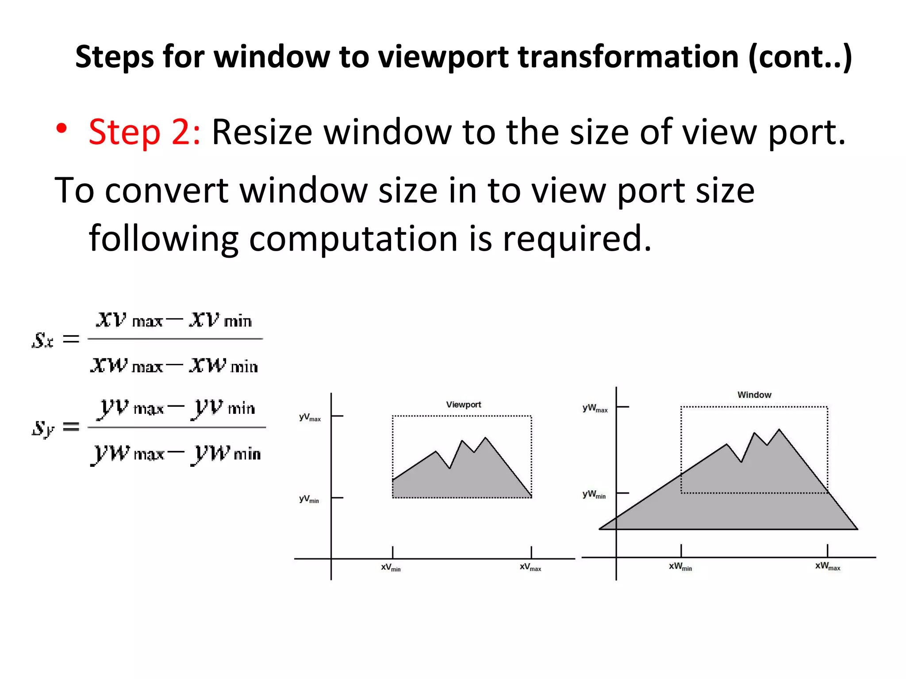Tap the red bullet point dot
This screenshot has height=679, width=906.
point(61,129)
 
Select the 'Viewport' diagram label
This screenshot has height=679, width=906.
point(463,404)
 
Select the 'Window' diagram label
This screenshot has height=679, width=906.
point(754,395)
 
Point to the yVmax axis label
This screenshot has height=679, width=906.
point(310,417)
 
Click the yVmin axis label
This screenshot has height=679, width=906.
point(309,499)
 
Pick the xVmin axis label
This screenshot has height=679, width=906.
point(391,567)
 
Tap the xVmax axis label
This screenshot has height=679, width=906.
point(530,567)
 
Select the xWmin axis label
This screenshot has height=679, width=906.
point(680,566)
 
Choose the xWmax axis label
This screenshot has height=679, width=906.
point(827,566)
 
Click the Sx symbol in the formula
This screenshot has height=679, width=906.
point(42,340)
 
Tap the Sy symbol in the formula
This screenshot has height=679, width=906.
point(43,428)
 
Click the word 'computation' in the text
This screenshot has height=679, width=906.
point(353,239)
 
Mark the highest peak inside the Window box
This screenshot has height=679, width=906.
point(779,429)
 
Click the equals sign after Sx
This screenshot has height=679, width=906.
point(71,339)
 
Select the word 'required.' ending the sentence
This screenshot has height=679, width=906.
point(577,239)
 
